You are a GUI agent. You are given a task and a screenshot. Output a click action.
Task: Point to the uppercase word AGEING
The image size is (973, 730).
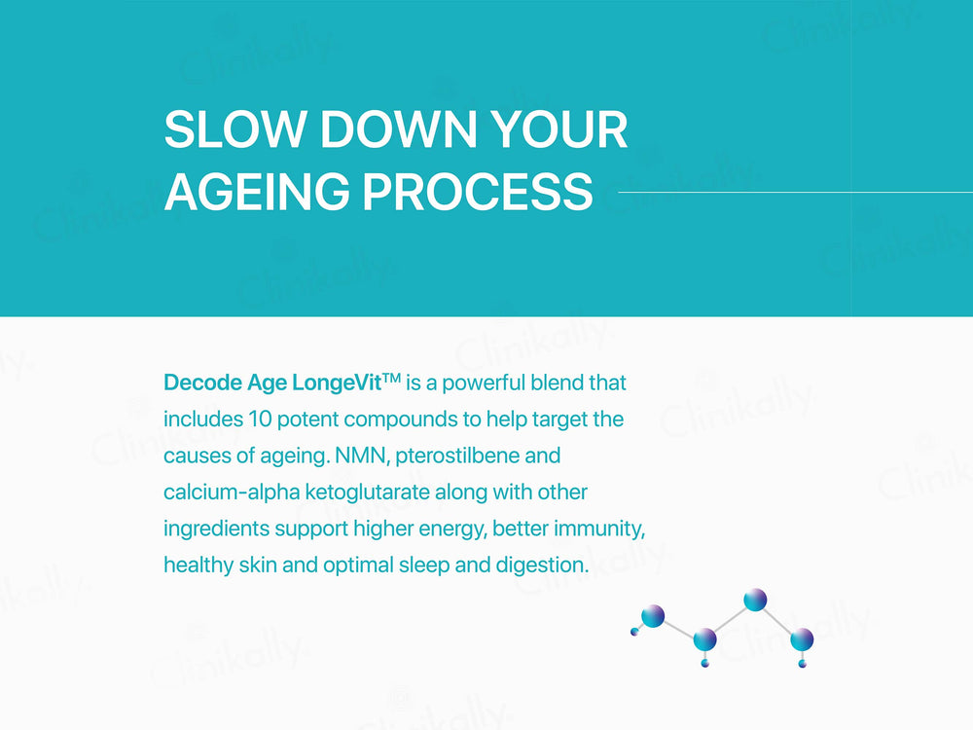click(x=257, y=191)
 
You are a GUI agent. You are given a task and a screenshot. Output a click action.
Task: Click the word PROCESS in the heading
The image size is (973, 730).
click(x=478, y=191)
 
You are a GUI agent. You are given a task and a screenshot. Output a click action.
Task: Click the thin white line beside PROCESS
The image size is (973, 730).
click(x=796, y=193)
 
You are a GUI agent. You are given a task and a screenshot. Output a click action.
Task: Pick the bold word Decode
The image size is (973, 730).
click(x=203, y=383)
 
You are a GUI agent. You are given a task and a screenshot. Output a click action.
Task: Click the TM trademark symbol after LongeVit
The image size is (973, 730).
click(x=391, y=378)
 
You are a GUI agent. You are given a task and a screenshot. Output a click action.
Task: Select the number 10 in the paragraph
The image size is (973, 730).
click(x=260, y=419)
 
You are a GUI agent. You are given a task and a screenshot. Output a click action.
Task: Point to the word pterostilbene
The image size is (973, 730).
click(x=457, y=456)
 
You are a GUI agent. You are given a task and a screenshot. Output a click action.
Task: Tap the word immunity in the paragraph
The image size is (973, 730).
click(x=598, y=529)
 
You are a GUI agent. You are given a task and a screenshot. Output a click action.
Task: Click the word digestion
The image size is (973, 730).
click(x=541, y=566)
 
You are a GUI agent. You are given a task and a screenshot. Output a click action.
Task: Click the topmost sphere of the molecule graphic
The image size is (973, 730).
click(x=755, y=600)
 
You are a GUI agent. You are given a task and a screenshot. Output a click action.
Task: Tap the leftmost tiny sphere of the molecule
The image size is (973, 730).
click(x=634, y=632)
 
